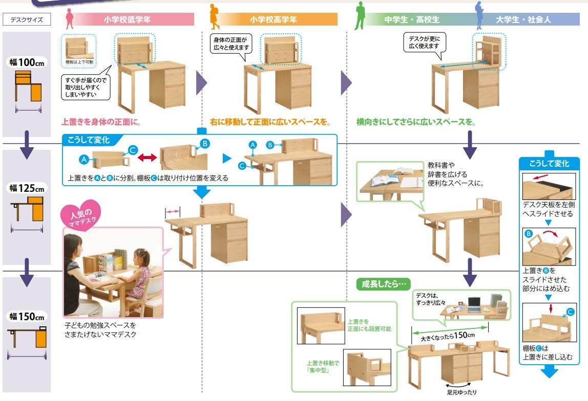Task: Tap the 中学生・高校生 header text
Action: point(412,20)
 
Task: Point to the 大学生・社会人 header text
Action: point(523,20)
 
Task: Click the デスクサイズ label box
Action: point(27,20)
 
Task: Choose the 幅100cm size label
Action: point(27,62)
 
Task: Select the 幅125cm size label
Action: point(27,188)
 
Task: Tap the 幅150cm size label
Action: point(27,316)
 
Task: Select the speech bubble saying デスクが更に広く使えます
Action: point(424,42)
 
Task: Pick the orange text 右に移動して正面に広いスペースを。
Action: point(269,123)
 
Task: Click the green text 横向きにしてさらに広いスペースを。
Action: point(416,123)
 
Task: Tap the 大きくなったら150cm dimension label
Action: point(447,336)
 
